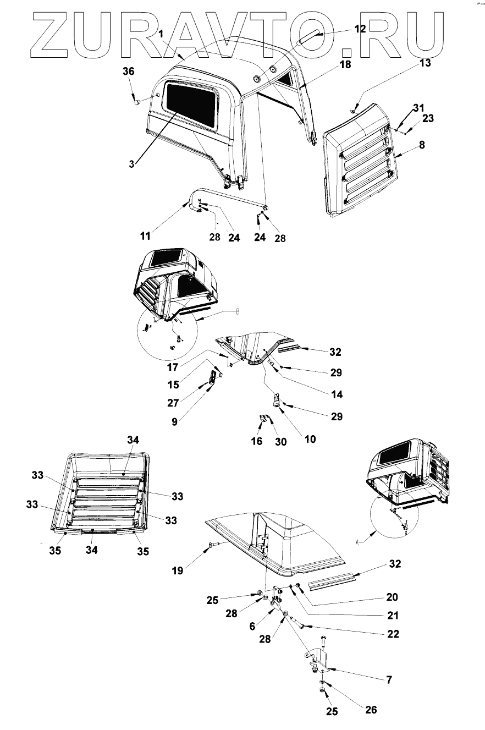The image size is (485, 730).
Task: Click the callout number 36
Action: point(128,72)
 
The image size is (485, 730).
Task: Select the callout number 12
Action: point(359,29)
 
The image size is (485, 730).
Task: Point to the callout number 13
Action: point(425,63)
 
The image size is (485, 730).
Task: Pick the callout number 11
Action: point(145,236)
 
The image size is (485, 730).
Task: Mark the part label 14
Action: point(336,394)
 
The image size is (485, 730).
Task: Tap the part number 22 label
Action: point(393,634)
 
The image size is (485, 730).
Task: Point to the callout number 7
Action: point(389,680)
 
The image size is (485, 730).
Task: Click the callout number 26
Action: point(371,710)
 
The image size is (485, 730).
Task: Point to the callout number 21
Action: point(393,615)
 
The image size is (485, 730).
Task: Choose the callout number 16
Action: point(257,441)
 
